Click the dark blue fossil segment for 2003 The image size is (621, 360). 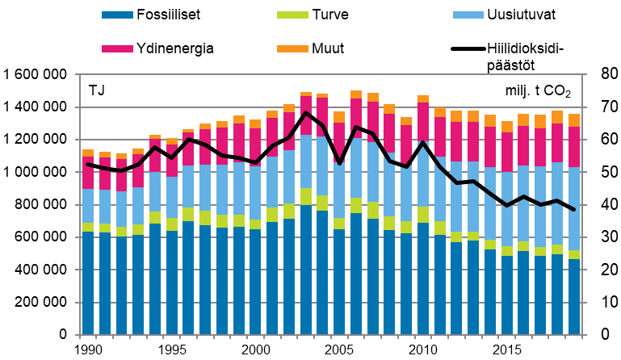point(306,270)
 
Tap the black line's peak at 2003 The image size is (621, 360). point(306,112)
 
